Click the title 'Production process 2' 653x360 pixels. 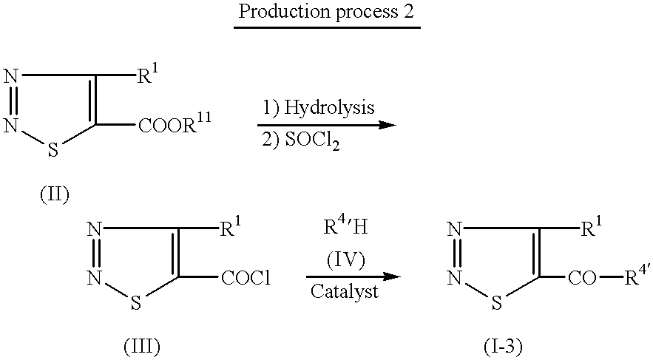coord(327,11)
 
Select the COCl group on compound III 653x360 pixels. coord(246,278)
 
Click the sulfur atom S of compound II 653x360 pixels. coord(53,150)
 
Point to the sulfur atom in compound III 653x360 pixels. coord(136,303)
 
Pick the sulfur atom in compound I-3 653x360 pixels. coord(496,303)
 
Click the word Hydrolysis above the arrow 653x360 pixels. coord(329,108)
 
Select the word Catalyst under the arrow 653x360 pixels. coord(345,292)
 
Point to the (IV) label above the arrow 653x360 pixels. coord(345,259)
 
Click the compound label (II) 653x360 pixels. coord(55,194)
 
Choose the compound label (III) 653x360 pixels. coord(142,346)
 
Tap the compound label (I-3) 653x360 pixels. coord(503,346)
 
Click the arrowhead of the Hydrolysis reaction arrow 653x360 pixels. coord(388,125)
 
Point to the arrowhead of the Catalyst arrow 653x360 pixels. coord(392,276)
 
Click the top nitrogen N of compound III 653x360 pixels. coord(95,228)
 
